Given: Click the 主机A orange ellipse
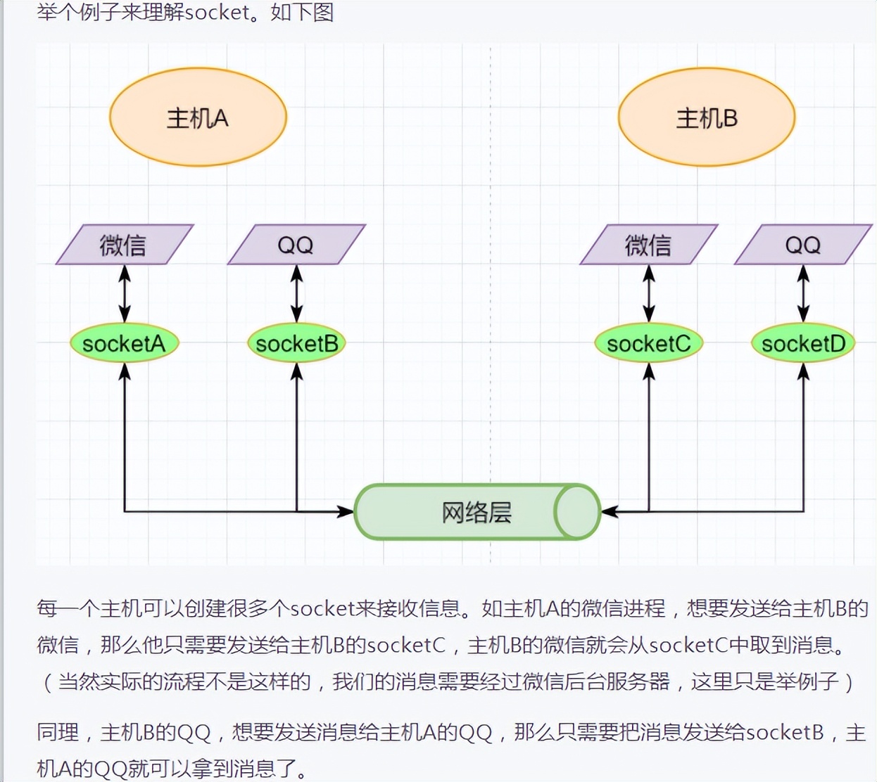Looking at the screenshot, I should click(x=198, y=117).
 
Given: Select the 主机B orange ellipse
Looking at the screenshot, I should click(x=706, y=117).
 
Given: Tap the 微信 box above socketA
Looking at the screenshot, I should click(x=124, y=245).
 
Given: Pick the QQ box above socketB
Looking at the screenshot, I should click(x=296, y=245).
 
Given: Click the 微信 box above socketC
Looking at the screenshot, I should click(x=648, y=245).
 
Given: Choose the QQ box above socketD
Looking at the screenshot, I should click(x=803, y=245).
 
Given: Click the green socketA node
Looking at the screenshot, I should click(x=124, y=343).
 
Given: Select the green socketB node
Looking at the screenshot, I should click(x=296, y=343).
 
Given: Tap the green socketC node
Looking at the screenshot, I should click(x=648, y=343).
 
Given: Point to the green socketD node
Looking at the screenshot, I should click(x=803, y=343).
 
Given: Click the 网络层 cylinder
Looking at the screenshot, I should click(x=477, y=512).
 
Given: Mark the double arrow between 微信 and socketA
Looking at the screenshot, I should click(x=125, y=294).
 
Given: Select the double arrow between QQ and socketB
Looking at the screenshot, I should click(x=296, y=294).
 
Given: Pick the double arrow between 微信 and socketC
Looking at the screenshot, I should click(x=649, y=294).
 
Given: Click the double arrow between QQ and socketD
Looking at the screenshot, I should click(x=803, y=294).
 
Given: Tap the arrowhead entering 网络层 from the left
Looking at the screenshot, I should click(x=346, y=511).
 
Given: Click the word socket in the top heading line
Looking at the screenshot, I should click(x=218, y=12).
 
